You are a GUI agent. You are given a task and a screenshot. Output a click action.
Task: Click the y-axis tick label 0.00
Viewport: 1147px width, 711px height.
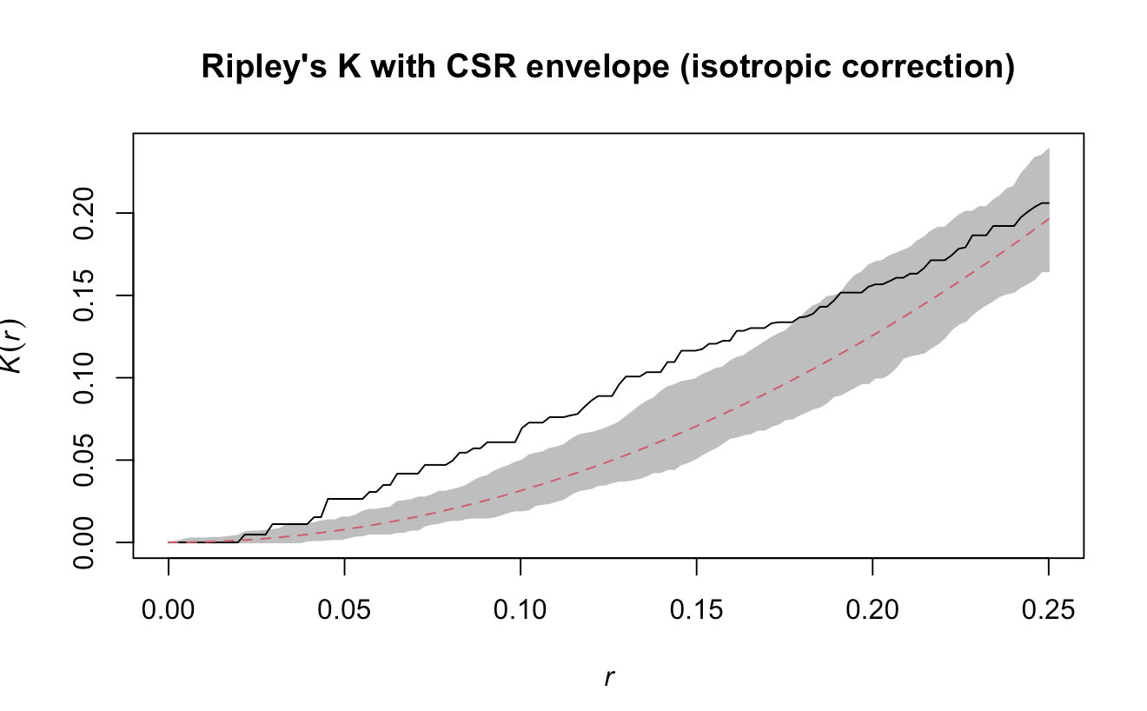click(x=85, y=542)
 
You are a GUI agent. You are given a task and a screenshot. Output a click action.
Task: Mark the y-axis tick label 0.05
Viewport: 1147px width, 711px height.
click(x=85, y=460)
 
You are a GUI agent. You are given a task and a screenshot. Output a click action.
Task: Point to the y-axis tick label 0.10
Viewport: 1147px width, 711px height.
click(x=85, y=377)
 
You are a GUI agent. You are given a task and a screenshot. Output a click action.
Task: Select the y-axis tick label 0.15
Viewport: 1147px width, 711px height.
click(x=85, y=296)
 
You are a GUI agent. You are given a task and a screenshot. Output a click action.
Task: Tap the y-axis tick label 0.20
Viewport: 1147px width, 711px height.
click(x=85, y=213)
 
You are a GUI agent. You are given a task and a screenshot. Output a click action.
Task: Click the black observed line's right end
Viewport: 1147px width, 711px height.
click(x=1049, y=203)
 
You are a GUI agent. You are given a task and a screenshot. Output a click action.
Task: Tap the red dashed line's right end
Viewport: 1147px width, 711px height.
click(x=1049, y=218)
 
